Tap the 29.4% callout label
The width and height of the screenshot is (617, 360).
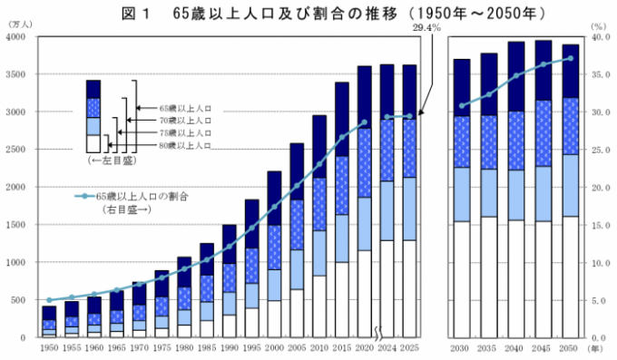[426, 29]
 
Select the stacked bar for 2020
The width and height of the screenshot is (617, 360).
[364, 201]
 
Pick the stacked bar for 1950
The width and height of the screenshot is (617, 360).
[49, 322]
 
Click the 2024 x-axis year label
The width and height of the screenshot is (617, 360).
[387, 346]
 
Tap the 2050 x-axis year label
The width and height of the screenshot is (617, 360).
[570, 346]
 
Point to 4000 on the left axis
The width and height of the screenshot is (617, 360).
[17, 37]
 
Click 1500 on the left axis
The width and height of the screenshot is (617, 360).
[17, 225]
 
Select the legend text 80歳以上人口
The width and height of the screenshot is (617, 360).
[185, 145]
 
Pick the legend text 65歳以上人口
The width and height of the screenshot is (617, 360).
[185, 107]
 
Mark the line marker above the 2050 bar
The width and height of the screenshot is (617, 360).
[570, 58]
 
